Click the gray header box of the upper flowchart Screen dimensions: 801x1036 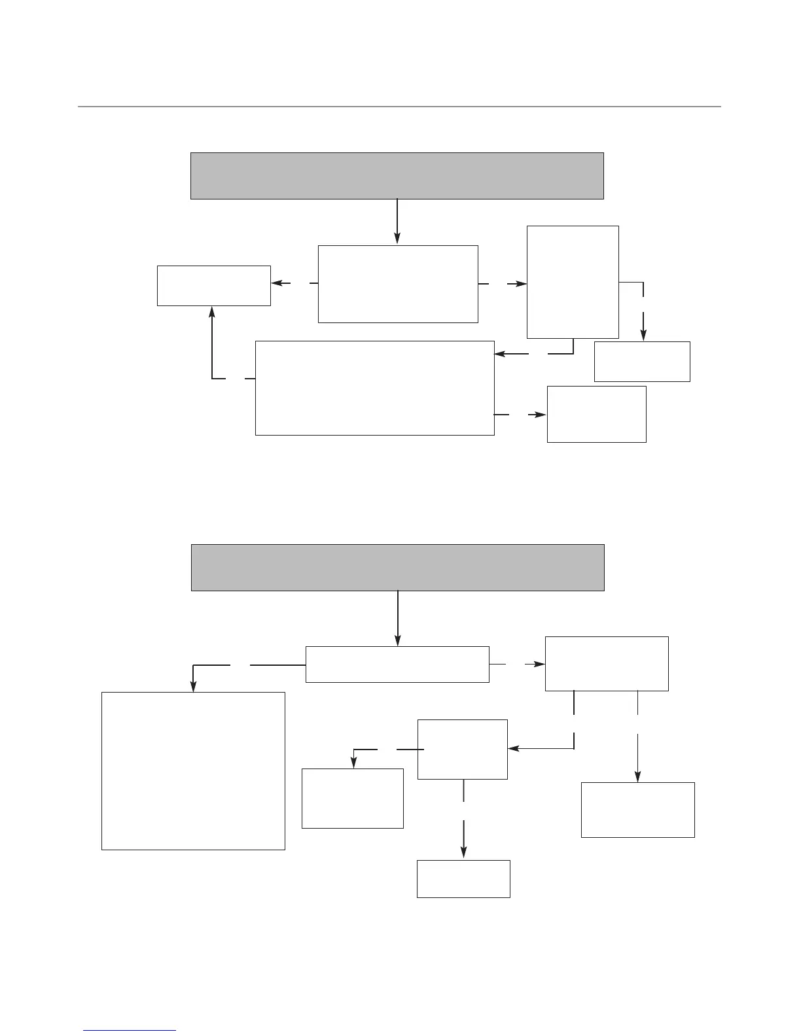[x=397, y=175]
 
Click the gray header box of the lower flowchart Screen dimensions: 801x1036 [x=397, y=567]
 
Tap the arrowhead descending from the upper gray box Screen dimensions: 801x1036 [x=397, y=240]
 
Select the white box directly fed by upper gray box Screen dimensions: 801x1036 [x=398, y=284]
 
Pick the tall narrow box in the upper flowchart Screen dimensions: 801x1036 [x=573, y=282]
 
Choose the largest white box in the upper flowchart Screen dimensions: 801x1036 [x=374, y=388]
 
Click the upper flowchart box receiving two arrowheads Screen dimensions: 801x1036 [x=213, y=286]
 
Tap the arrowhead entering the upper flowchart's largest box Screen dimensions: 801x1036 [x=499, y=354]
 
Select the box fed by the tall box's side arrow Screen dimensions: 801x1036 [x=642, y=361]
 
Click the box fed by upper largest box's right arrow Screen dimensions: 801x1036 [x=596, y=414]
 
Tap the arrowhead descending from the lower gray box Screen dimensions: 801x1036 [x=398, y=641]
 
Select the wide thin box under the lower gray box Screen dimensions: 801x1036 [x=397, y=665]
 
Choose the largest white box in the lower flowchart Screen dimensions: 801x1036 [x=193, y=771]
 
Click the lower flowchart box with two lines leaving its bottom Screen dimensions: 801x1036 [x=607, y=663]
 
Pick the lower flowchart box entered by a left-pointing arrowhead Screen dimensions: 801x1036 [x=462, y=750]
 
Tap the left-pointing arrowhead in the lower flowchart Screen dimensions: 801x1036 [x=513, y=748]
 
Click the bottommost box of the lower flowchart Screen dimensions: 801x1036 [x=463, y=878]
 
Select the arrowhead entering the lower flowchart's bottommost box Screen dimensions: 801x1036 [x=464, y=852]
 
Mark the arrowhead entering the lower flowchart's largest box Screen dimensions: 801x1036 [x=193, y=687]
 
